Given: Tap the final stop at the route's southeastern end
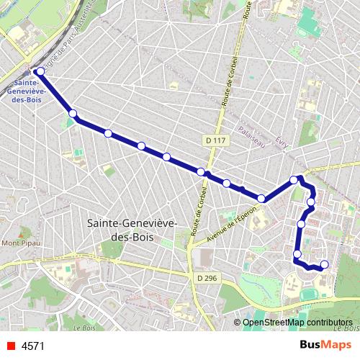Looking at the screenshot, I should pos(324,264).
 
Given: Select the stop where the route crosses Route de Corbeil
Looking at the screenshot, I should pos(201,171).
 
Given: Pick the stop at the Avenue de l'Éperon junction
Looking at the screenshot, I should pos(261,198).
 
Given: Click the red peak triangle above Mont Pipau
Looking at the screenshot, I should pos(20,233).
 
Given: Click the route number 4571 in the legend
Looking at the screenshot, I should pos(33,346).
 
